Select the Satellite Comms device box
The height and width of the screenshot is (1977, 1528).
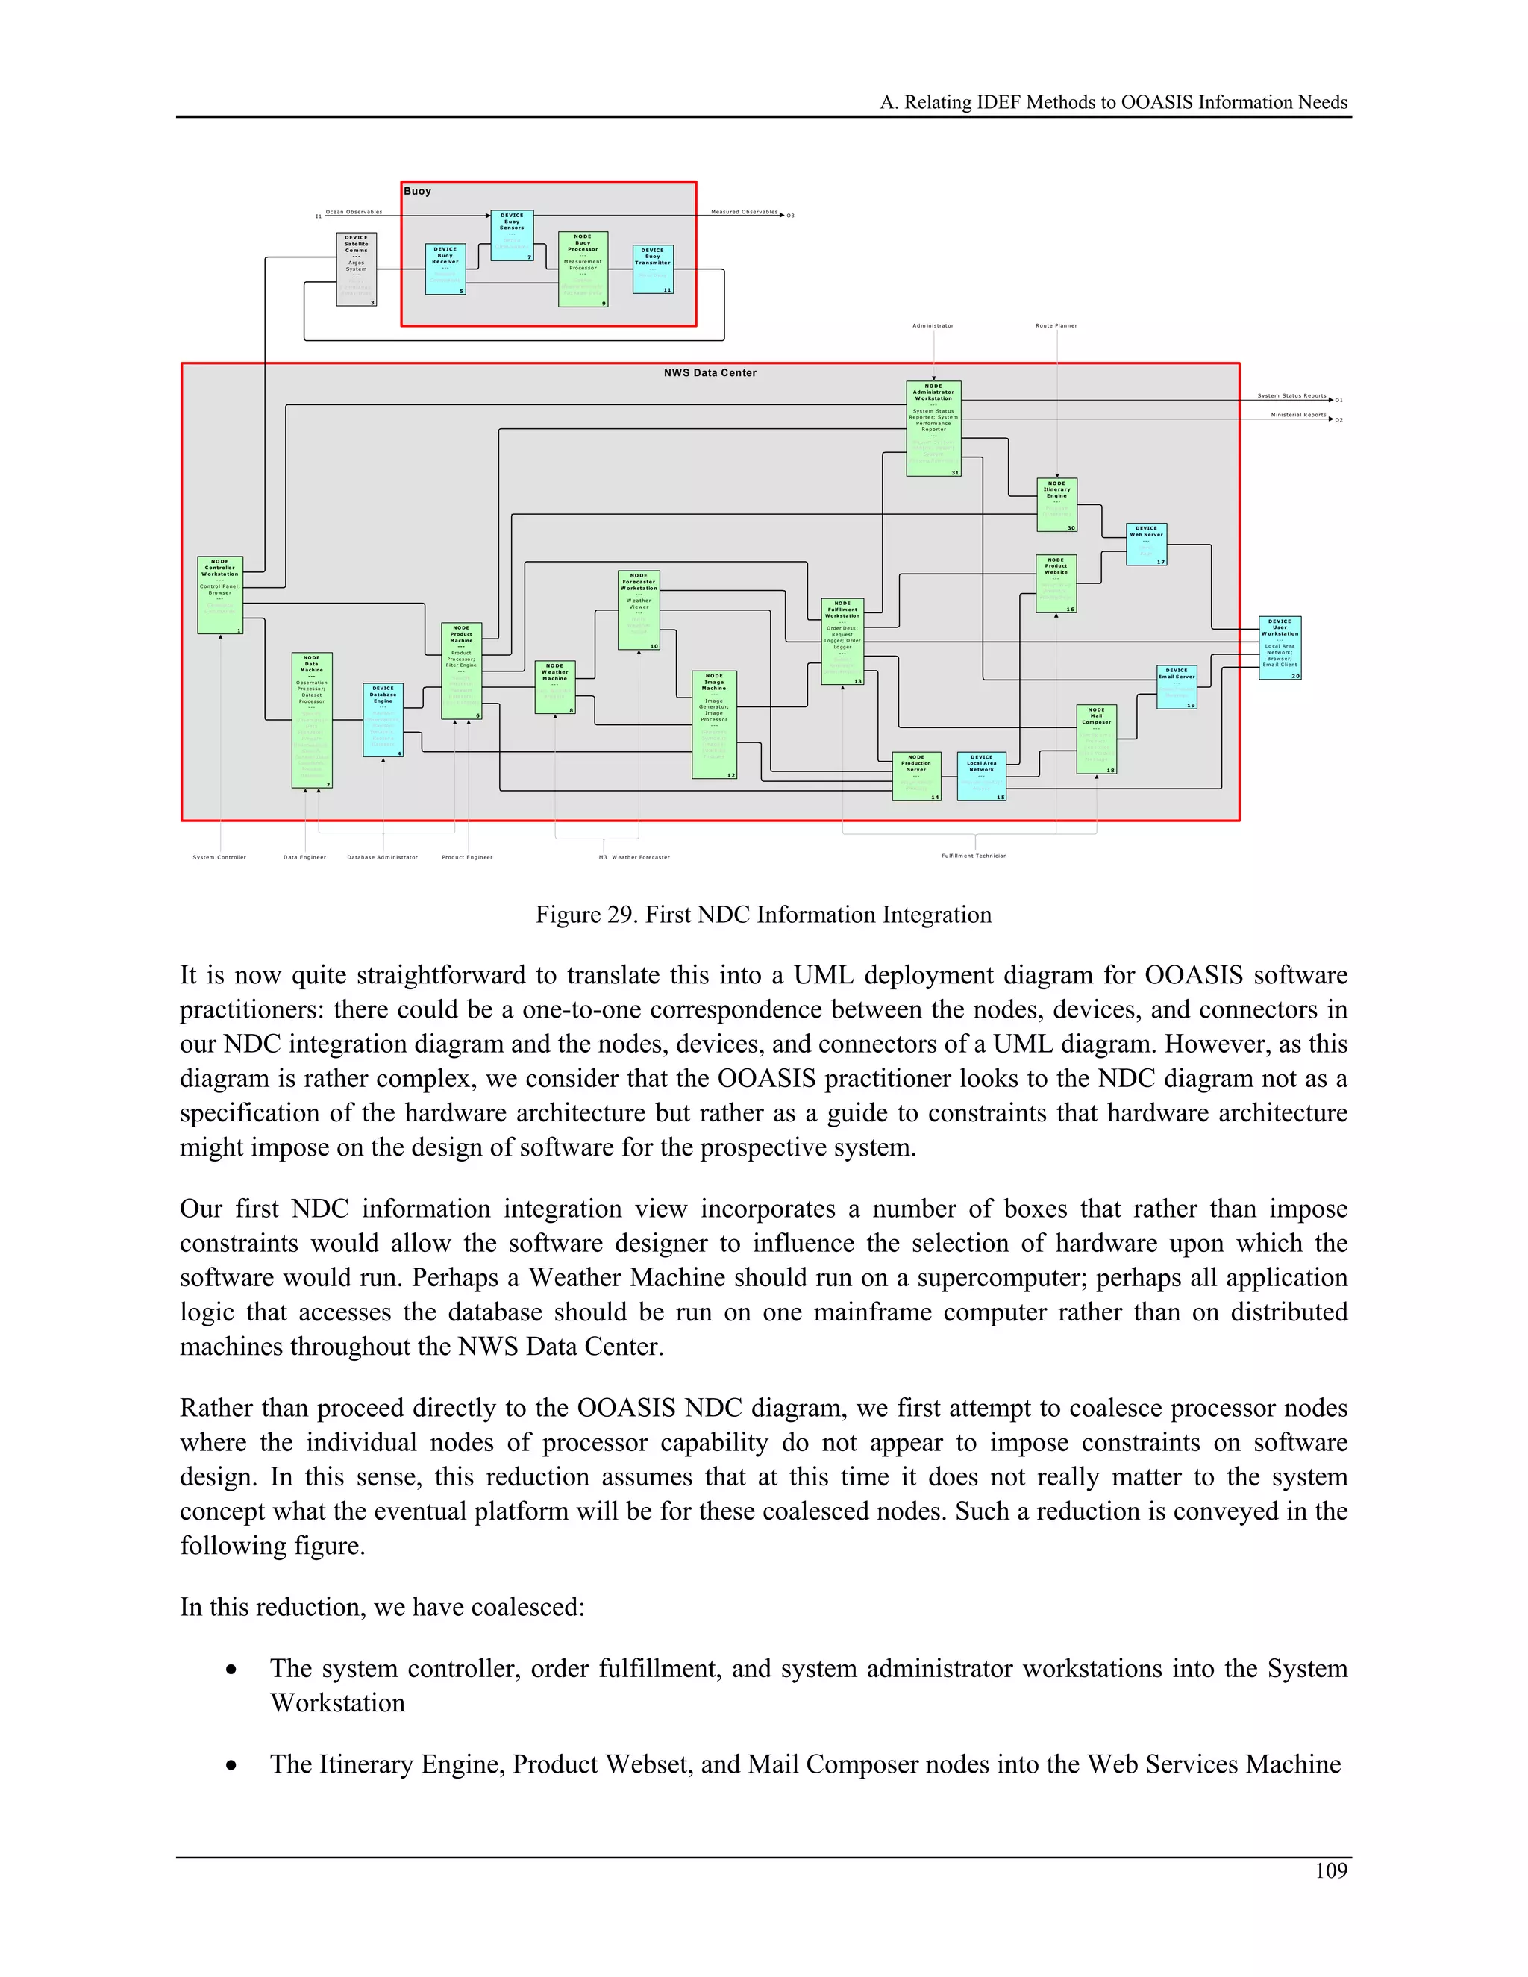tap(356, 269)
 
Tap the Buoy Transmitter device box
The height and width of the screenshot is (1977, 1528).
tap(653, 268)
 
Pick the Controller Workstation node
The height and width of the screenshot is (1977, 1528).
tap(220, 595)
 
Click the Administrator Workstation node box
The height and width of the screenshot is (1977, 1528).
tap(933, 428)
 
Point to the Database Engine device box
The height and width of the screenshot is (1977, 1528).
tap(383, 720)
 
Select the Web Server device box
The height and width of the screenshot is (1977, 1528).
tap(1146, 544)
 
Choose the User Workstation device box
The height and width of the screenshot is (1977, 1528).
tap(1280, 648)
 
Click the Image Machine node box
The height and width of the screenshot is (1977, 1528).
tap(714, 724)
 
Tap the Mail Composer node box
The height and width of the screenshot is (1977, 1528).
tap(1096, 739)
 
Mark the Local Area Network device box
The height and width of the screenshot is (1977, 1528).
tap(981, 776)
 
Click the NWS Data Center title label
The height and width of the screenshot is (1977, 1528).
tap(710, 373)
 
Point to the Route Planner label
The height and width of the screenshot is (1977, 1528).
tap(1056, 326)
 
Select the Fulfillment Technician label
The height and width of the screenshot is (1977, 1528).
tap(974, 856)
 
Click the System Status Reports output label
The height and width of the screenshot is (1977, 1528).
tap(1291, 395)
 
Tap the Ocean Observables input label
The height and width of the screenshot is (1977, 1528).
tap(354, 212)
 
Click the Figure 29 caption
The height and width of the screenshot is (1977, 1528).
tap(763, 915)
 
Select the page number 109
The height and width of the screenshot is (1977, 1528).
tap(1331, 1871)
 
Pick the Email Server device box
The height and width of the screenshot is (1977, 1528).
tap(1177, 687)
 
